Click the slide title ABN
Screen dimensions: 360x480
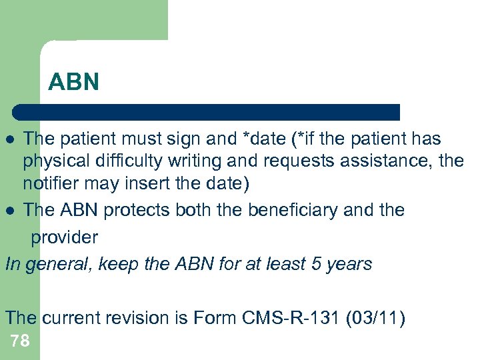(74, 82)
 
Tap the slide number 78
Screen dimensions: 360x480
(20, 341)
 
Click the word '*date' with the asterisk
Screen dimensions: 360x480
(259, 139)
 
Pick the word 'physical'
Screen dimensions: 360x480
(54, 161)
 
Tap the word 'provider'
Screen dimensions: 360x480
(65, 237)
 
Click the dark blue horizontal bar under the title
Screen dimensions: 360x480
(207, 112)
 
